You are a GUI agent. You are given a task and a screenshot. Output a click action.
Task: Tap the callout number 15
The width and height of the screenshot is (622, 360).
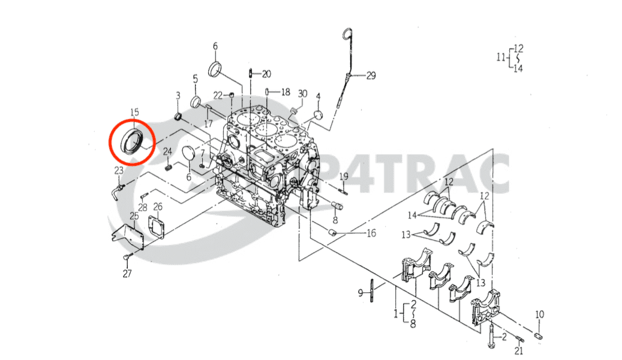tap(134, 112)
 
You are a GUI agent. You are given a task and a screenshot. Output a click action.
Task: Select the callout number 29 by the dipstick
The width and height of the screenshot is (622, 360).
tap(371, 76)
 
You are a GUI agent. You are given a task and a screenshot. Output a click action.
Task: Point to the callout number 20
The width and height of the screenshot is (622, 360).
tap(266, 74)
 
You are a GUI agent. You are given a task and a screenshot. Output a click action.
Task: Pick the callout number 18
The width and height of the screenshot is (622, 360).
tap(285, 92)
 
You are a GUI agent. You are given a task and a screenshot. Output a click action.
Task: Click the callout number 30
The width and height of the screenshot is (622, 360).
tap(302, 94)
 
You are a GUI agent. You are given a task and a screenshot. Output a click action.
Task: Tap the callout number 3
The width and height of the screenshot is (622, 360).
tap(178, 95)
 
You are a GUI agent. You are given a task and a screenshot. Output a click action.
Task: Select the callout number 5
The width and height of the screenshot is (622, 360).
tap(195, 79)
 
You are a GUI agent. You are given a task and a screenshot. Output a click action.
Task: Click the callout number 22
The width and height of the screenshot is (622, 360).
tap(218, 94)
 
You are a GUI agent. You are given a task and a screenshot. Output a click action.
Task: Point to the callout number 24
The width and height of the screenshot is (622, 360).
tap(168, 151)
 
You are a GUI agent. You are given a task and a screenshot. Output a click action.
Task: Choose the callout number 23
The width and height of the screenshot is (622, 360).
tap(119, 171)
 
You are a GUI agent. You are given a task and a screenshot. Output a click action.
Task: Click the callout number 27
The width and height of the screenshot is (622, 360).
tap(127, 274)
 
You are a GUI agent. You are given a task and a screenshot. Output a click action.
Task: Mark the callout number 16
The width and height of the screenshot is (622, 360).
tap(371, 233)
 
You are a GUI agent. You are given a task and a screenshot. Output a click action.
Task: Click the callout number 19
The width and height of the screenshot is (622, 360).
tap(344, 176)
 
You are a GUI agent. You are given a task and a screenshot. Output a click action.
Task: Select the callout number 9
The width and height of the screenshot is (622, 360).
tap(360, 293)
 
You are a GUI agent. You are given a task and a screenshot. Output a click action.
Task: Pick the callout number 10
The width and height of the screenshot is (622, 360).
tap(539, 314)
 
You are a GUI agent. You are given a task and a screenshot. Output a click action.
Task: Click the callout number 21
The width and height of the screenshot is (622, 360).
tap(519, 350)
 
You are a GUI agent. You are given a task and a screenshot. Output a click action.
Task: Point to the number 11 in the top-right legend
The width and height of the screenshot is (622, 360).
tap(501, 58)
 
